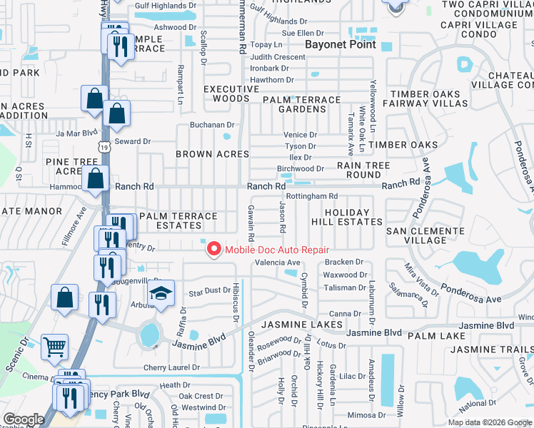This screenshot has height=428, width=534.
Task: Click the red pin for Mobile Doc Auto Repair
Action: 213,248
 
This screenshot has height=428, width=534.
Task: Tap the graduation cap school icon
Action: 161,294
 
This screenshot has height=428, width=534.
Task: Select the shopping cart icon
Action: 55,347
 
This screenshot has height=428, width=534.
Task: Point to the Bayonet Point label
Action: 336,44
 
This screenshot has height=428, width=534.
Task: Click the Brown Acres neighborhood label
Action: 213,154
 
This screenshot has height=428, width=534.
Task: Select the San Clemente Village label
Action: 425,235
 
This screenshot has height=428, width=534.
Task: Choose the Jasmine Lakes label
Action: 293,325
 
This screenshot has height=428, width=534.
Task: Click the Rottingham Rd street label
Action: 311,196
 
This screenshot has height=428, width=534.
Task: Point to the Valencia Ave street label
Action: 278,263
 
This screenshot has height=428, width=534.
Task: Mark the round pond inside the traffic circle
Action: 149,333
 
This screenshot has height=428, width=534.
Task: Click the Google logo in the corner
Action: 24,419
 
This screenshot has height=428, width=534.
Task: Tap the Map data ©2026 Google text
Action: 489,422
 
